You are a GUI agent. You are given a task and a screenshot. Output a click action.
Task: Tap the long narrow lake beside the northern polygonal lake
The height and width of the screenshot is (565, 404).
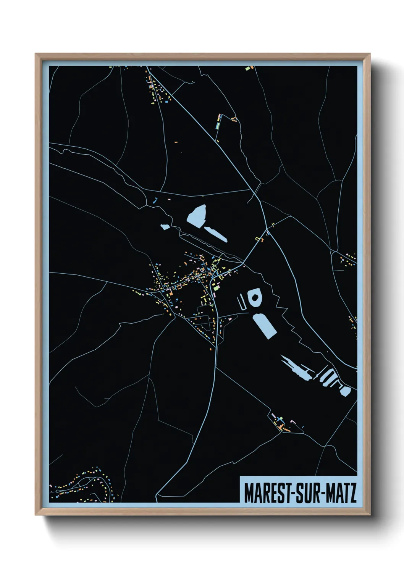point(216,234)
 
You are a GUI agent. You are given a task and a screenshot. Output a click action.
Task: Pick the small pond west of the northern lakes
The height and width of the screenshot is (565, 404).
point(165,227)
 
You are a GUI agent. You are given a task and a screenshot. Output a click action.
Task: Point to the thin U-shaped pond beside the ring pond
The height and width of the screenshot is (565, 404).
point(241,303)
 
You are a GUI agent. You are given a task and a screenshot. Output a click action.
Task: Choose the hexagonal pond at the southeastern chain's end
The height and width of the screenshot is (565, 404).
point(345,391)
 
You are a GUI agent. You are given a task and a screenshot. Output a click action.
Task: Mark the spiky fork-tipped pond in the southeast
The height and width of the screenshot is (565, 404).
point(296,368)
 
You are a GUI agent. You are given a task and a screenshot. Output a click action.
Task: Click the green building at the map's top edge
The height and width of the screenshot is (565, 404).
point(247,69)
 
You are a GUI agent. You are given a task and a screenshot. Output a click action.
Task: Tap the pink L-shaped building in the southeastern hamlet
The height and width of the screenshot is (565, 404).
point(293,421)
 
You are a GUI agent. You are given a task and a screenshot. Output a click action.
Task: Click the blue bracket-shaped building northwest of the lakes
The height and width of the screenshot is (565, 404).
point(155,200)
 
